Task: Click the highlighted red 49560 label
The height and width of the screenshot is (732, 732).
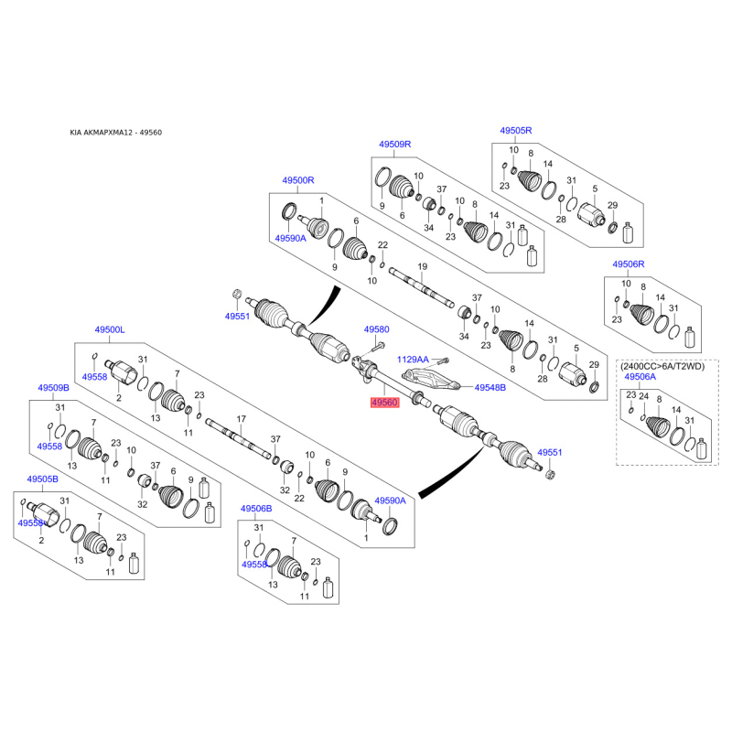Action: (384, 403)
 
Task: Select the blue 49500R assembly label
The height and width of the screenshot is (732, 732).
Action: (298, 180)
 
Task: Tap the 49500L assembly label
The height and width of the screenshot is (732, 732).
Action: (110, 329)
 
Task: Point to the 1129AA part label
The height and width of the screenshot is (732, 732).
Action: (413, 360)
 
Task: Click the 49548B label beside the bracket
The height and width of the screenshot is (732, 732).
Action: (490, 387)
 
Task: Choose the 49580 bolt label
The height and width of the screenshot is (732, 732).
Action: (376, 329)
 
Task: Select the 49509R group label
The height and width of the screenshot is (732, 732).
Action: (395, 145)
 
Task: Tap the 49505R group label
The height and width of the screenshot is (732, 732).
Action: (516, 131)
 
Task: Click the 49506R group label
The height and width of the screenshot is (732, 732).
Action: (629, 264)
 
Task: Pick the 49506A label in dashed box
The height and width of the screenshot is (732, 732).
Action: (640, 377)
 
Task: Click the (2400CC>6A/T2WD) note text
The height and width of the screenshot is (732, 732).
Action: (662, 367)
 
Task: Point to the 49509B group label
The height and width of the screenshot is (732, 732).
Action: (53, 388)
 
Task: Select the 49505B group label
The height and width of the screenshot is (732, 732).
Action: (42, 479)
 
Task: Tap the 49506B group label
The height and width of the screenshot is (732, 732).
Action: (256, 509)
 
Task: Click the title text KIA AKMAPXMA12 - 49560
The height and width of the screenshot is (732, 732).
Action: (116, 133)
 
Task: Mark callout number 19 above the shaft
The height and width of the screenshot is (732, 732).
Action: (423, 266)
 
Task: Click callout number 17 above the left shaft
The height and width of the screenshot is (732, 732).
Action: (241, 419)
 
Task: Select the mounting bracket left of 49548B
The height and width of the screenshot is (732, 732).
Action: (430, 379)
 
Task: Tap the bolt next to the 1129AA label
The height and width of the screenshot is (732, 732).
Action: (443, 361)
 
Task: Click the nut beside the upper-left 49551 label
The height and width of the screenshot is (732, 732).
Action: (237, 294)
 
